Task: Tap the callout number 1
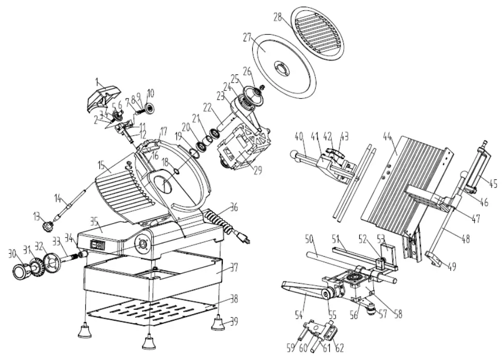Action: tap(97, 81)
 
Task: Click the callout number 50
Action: tap(309, 240)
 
